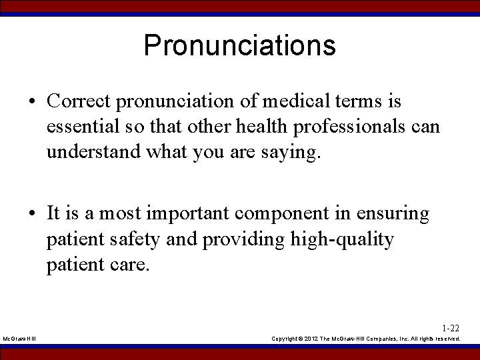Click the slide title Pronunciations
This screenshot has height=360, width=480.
[x=239, y=45]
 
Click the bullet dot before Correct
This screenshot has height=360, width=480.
[x=33, y=103]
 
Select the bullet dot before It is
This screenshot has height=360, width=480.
[x=33, y=215]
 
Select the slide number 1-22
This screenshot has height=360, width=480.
[x=450, y=328]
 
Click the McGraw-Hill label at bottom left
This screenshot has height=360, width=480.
[x=19, y=339]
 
